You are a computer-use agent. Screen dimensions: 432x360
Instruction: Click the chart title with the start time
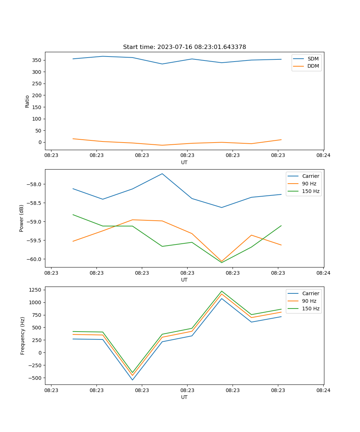coord(184,47)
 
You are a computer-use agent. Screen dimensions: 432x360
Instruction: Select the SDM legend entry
coord(313,59)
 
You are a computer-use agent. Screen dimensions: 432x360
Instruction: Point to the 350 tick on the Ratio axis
coord(37,60)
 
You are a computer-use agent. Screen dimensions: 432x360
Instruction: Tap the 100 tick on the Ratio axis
coord(37,119)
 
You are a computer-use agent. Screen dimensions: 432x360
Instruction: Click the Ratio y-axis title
coord(27,101)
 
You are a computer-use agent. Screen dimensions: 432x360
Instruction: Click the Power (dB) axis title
coord(22,218)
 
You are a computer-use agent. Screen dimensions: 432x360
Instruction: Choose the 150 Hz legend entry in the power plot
coord(311,191)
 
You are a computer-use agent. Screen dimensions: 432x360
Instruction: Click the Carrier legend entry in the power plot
coord(310,176)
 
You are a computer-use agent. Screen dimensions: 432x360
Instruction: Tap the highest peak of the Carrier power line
coord(162,174)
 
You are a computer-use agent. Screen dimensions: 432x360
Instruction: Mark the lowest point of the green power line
coord(221,262)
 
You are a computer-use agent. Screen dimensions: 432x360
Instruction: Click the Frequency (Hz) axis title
coord(23,336)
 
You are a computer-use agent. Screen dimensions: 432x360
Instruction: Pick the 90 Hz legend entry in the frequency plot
coord(309,301)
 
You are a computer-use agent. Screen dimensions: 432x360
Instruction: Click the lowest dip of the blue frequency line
coord(132,380)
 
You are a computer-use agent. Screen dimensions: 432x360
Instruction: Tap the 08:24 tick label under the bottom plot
coord(323,390)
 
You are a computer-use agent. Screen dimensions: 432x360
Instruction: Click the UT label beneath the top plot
coord(184,162)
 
